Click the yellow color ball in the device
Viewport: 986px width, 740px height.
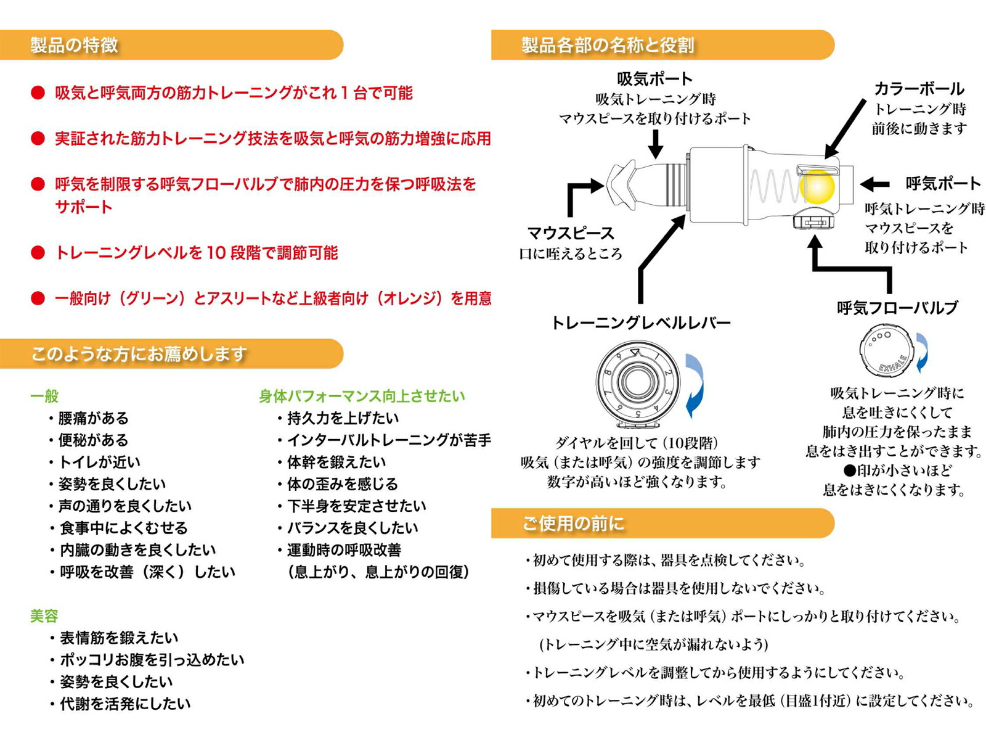click(817, 185)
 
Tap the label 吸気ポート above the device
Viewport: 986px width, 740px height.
click(654, 79)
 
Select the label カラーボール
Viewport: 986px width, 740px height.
click(919, 89)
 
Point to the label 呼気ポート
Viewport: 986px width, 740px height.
click(942, 183)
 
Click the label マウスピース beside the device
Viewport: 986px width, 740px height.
click(571, 233)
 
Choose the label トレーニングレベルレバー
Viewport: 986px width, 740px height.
click(640, 323)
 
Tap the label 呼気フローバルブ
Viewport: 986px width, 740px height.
click(897, 308)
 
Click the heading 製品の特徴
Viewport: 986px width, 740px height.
click(74, 45)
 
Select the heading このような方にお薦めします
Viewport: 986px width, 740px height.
click(139, 354)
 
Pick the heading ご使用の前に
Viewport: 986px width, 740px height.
click(573, 524)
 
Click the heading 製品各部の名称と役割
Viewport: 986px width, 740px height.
click(608, 45)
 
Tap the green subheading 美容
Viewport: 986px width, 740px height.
click(44, 615)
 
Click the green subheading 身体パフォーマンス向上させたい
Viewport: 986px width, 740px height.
click(362, 396)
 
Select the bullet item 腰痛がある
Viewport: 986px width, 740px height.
click(93, 418)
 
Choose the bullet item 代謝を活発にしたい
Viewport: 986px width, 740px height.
click(125, 704)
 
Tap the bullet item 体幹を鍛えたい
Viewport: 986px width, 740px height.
click(336, 462)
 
